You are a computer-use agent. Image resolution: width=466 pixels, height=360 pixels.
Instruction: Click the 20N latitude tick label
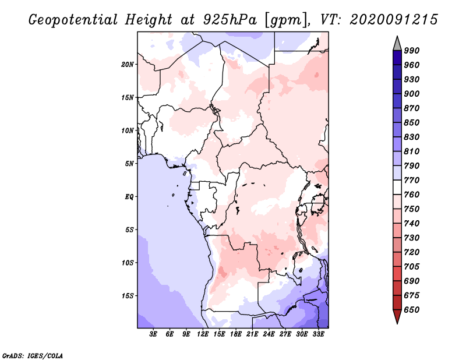coord(128,64)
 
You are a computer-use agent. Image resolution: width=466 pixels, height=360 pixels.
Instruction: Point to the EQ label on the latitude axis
coord(129,196)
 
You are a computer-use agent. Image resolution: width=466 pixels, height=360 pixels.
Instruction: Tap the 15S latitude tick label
coord(128,295)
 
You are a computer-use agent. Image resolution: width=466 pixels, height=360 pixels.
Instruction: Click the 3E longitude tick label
coord(154,334)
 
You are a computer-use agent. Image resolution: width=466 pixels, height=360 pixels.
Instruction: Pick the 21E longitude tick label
coord(252,334)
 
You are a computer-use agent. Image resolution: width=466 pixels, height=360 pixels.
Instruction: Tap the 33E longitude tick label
coord(318,334)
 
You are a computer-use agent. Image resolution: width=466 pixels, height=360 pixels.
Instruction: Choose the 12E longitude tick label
coord(203,334)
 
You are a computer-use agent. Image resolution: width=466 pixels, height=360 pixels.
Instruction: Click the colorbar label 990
coord(412,51)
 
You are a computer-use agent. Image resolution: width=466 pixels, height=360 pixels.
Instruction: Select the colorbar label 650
coord(412,310)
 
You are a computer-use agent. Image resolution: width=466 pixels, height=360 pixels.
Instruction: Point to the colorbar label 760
coord(412,195)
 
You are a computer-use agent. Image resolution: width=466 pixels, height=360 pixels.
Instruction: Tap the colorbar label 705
coord(412,267)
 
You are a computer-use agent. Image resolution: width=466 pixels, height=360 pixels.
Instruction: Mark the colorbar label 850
coord(412,123)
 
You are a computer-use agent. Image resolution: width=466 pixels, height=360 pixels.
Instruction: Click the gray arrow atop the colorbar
coord(397,43)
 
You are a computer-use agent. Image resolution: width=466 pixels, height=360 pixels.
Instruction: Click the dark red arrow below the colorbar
coord(397,317)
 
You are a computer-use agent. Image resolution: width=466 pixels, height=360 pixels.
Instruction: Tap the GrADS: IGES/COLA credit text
coord(25,355)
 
